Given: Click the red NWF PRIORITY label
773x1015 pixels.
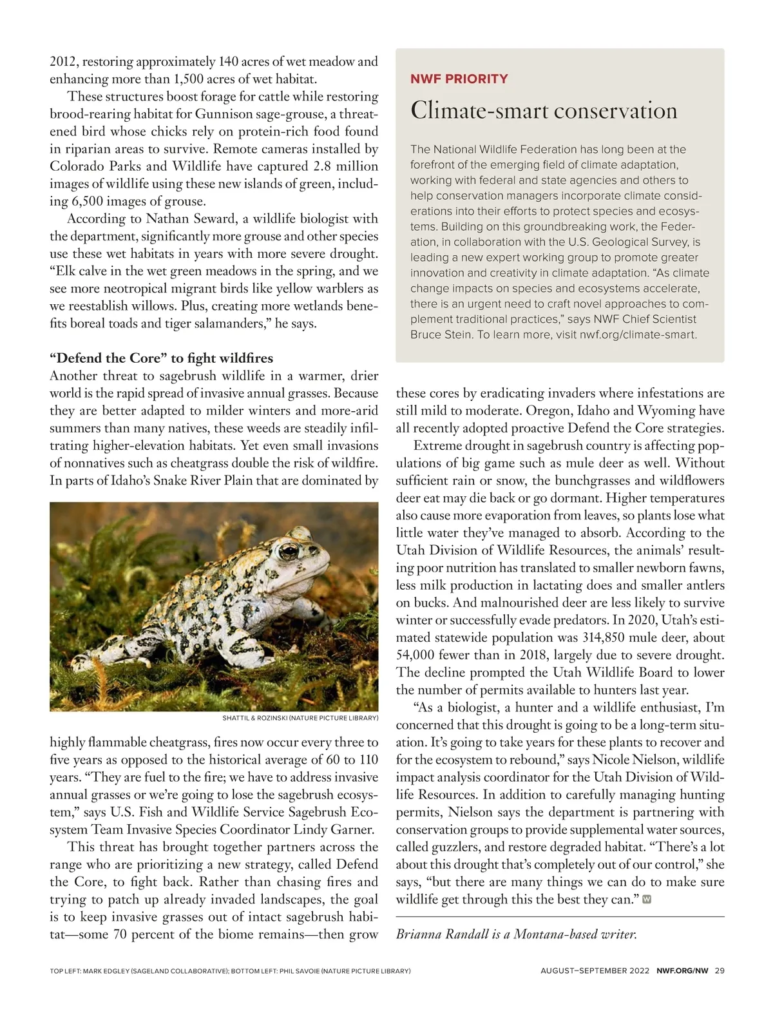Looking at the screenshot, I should tap(459, 79).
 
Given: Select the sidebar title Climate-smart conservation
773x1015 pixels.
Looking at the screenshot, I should tap(544, 110).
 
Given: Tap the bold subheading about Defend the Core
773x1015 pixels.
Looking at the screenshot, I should tap(161, 358).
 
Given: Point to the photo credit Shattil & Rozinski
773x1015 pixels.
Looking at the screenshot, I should tap(300, 718).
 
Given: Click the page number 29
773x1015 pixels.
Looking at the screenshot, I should tap(720, 971).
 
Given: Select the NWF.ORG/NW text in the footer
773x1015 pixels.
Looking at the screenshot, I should tap(682, 971).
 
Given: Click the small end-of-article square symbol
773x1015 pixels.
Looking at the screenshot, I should tap(647, 900).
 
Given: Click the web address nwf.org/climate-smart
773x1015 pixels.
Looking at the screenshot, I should tap(637, 335).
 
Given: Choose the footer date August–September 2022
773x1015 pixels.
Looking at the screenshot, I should tap(595, 971).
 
